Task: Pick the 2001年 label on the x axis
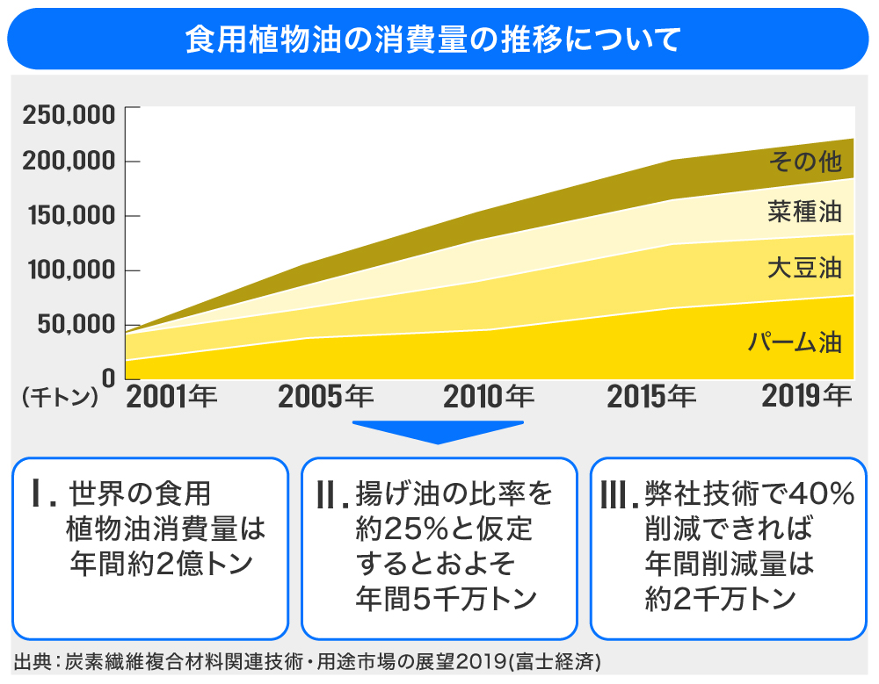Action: pos(172,398)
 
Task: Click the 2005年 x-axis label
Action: pos(325,398)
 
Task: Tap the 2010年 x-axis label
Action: pos(489,398)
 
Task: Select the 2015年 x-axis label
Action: pos(651,398)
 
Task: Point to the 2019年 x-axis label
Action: pos(807,397)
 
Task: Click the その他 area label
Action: pos(805,161)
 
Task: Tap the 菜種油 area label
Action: pos(804,212)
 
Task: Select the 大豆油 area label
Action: pos(804,267)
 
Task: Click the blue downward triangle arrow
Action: pos(438,432)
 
